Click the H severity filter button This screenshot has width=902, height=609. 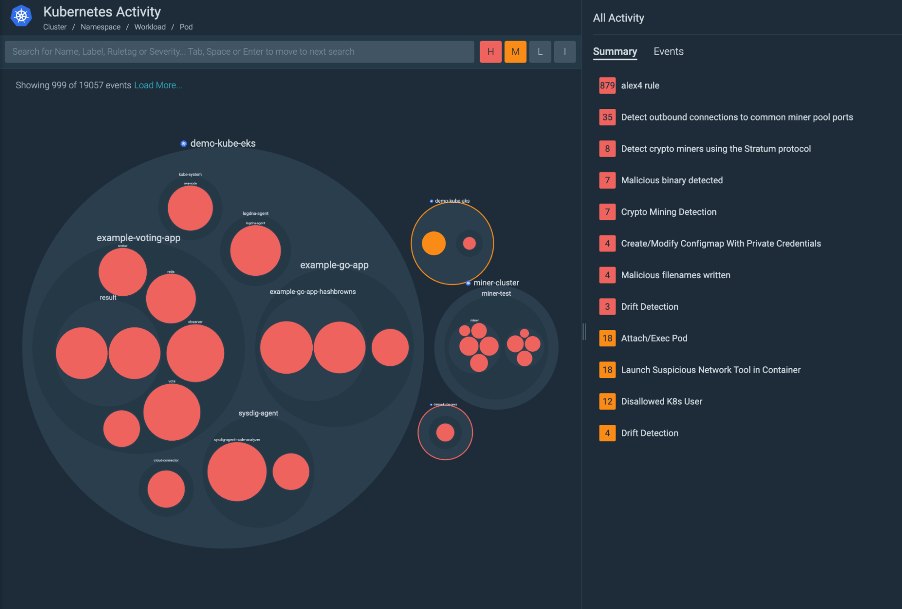[x=490, y=51]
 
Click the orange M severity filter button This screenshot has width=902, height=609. [x=515, y=51]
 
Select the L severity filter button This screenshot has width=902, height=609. [x=540, y=51]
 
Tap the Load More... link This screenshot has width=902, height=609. [x=158, y=85]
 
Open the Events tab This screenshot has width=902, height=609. [x=668, y=51]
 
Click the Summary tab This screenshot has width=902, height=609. [x=615, y=51]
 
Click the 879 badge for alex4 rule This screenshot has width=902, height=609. [x=607, y=85]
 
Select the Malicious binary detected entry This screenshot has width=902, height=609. [x=671, y=180]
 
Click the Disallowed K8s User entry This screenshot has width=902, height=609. [x=661, y=401]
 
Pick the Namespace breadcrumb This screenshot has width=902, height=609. [x=100, y=27]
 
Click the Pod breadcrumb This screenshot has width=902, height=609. [x=186, y=27]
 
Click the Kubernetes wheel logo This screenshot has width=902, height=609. [x=21, y=16]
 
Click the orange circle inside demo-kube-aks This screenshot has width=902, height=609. [x=434, y=243]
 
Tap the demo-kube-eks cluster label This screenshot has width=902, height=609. [x=222, y=144]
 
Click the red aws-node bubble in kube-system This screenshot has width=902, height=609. [x=190, y=208]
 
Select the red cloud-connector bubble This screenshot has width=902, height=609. [x=166, y=489]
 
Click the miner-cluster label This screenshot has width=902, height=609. [x=496, y=283]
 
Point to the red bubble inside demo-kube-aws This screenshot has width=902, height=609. [x=445, y=432]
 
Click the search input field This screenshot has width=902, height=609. [x=239, y=51]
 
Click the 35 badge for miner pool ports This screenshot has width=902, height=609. [x=607, y=117]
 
